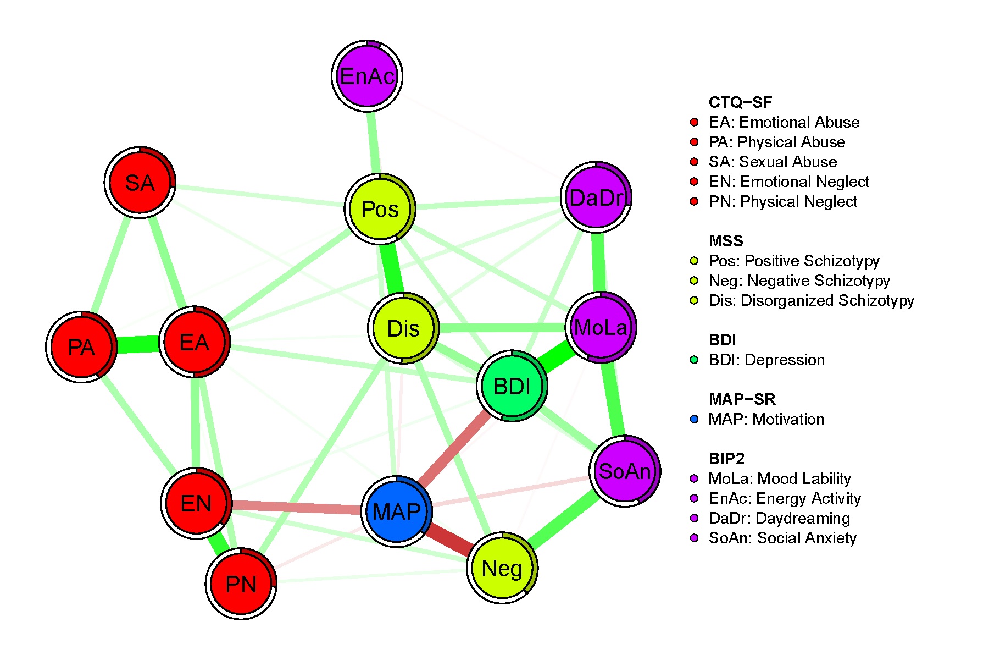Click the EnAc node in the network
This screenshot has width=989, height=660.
tap(367, 76)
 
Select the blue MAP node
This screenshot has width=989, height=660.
tap(396, 512)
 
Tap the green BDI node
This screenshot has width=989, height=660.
tap(512, 386)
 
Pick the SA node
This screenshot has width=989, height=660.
tap(140, 183)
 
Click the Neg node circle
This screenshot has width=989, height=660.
tap(502, 568)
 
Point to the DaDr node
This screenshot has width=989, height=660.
tap(596, 197)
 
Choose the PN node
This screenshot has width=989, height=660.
tap(241, 584)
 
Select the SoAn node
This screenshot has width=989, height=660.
tap(625, 471)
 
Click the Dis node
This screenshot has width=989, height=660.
tap(403, 328)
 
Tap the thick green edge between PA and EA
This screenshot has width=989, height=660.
tap(137, 345)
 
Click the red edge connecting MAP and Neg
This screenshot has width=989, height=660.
tap(449, 540)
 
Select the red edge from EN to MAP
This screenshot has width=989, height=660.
tap(297, 507)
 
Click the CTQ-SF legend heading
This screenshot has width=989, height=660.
tap(740, 102)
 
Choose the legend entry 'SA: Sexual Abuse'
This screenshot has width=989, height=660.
tap(773, 162)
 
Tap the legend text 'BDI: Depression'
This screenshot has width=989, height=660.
tap(766, 360)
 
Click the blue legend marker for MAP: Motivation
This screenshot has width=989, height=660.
tap(694, 419)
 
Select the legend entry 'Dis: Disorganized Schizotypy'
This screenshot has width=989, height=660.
tap(811, 300)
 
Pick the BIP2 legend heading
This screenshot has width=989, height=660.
tap(726, 459)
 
